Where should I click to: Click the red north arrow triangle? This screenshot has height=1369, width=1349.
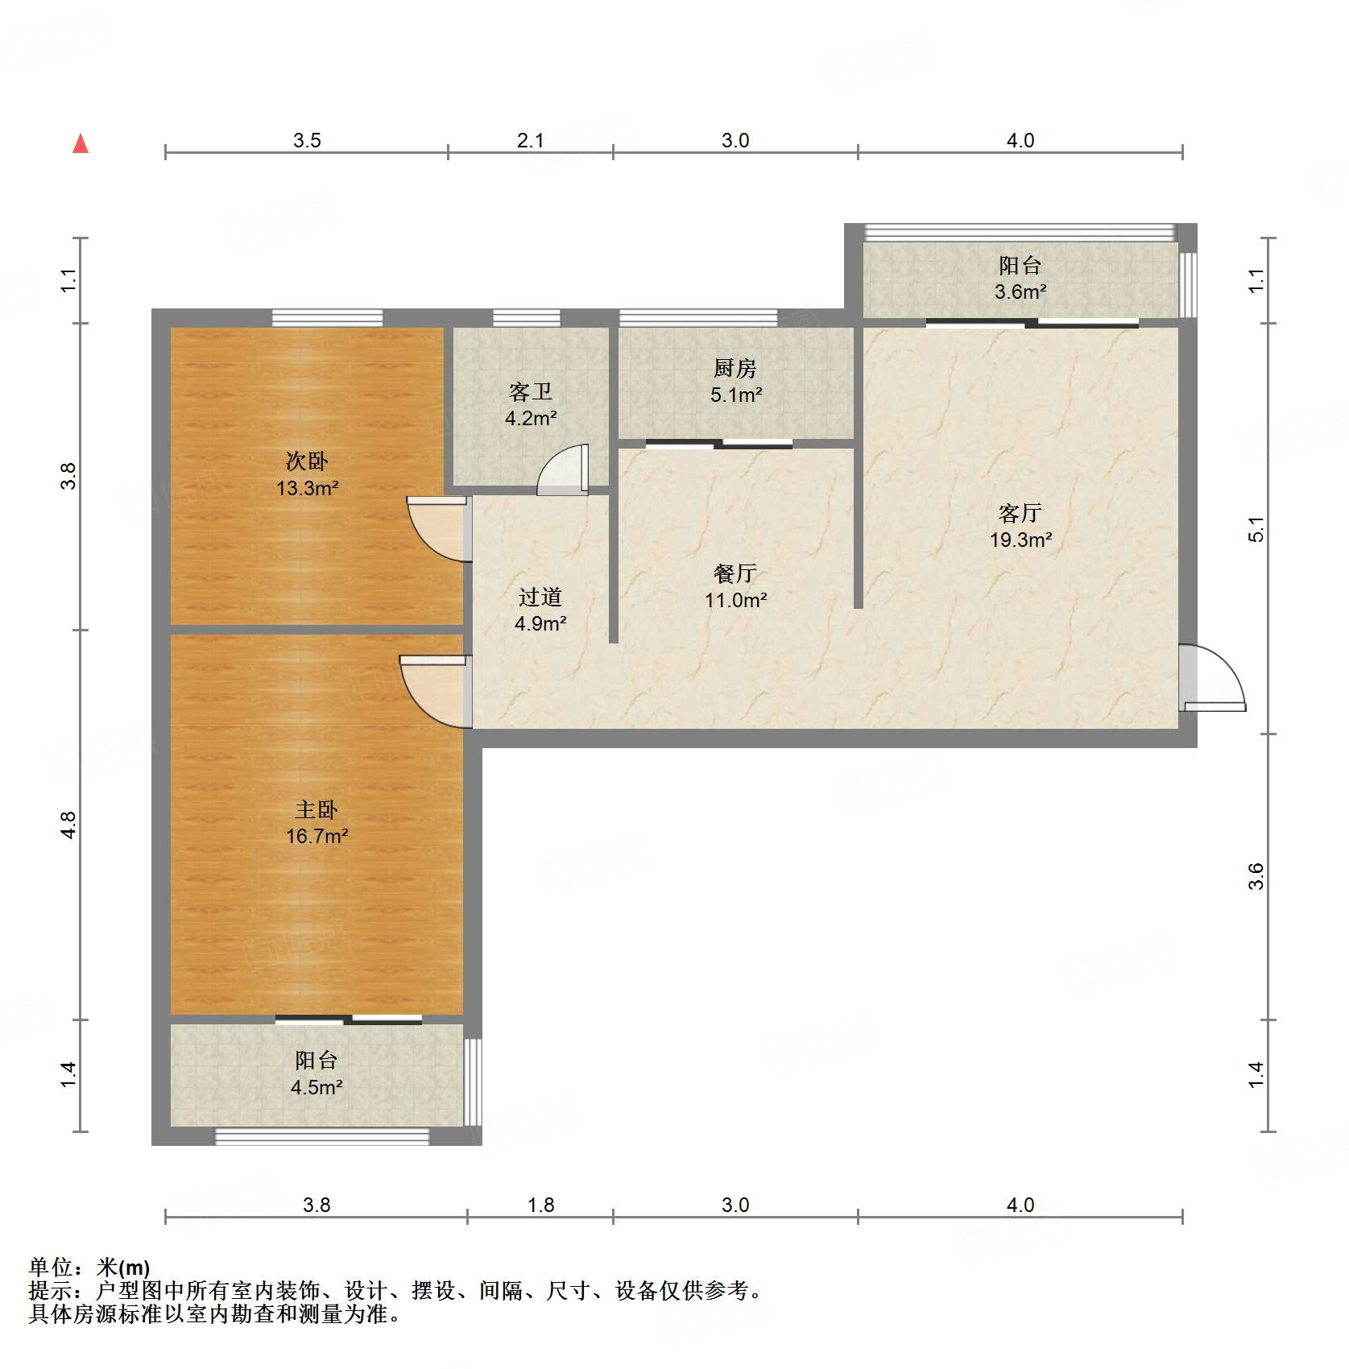[81, 144]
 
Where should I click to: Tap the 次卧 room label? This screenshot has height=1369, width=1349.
[307, 461]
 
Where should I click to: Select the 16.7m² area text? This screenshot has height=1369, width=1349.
[317, 837]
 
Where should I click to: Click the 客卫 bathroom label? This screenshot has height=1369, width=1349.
[531, 392]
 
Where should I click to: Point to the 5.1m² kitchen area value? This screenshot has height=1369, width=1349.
[735, 395]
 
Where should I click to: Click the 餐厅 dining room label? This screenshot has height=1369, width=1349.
[735, 573]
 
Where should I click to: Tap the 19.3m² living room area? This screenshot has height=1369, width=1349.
[1020, 540]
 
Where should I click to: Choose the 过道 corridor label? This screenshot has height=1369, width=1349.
[540, 597]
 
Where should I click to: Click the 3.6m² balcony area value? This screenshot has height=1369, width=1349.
[1020, 292]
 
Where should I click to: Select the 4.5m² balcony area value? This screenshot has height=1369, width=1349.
[317, 1088]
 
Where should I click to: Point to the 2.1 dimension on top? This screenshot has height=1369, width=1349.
[530, 141]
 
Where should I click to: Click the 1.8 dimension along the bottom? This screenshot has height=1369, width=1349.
[540, 1206]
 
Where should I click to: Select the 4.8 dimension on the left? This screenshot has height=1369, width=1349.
[68, 825]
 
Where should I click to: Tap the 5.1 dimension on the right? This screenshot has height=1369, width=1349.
[1256, 529]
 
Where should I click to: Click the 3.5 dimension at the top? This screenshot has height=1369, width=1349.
[307, 141]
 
